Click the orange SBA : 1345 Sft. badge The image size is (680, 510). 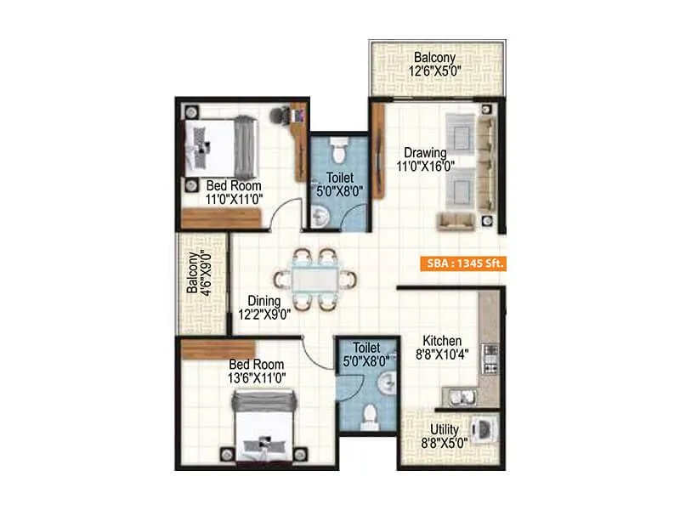[x=462, y=263]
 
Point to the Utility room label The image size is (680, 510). [x=445, y=437]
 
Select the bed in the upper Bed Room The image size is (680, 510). [x=218, y=144]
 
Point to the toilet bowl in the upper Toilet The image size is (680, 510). [x=337, y=153]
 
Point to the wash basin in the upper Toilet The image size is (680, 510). [x=318, y=218]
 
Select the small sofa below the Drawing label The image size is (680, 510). [x=457, y=221]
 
